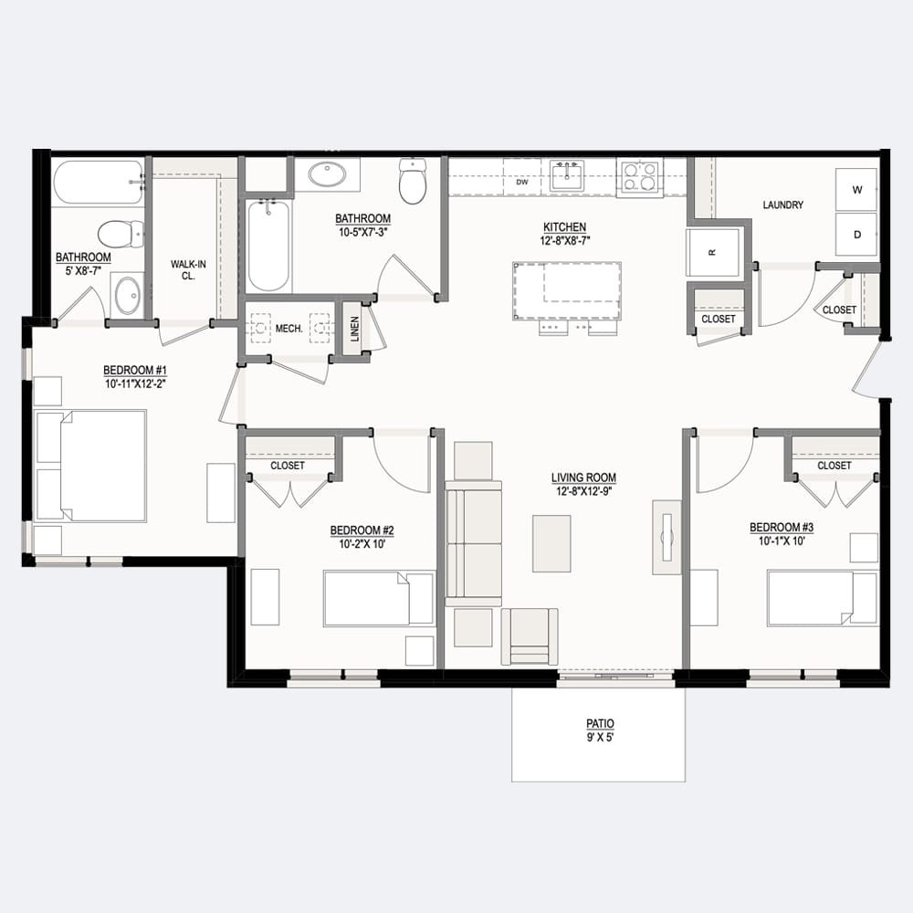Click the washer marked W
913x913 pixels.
[856, 189]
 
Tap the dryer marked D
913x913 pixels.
[856, 234]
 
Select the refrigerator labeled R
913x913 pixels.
[713, 252]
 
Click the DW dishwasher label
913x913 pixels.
[522, 183]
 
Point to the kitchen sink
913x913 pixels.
[566, 176]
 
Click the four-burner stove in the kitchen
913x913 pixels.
[640, 177]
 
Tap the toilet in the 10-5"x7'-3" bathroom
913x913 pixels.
[413, 181]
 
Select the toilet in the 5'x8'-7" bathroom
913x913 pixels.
[121, 234]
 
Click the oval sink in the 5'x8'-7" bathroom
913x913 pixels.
[128, 295]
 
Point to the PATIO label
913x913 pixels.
[600, 723]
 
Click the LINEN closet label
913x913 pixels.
[354, 329]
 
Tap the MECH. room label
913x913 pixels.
[289, 329]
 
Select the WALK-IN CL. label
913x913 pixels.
[188, 270]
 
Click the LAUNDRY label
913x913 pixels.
[782, 205]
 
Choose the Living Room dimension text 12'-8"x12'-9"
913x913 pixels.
[583, 491]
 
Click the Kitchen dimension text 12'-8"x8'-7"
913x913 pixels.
[564, 240]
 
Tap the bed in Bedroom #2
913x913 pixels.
[379, 599]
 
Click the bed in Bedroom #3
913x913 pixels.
[823, 599]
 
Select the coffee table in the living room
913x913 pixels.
[551, 543]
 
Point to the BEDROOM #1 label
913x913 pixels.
[135, 371]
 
